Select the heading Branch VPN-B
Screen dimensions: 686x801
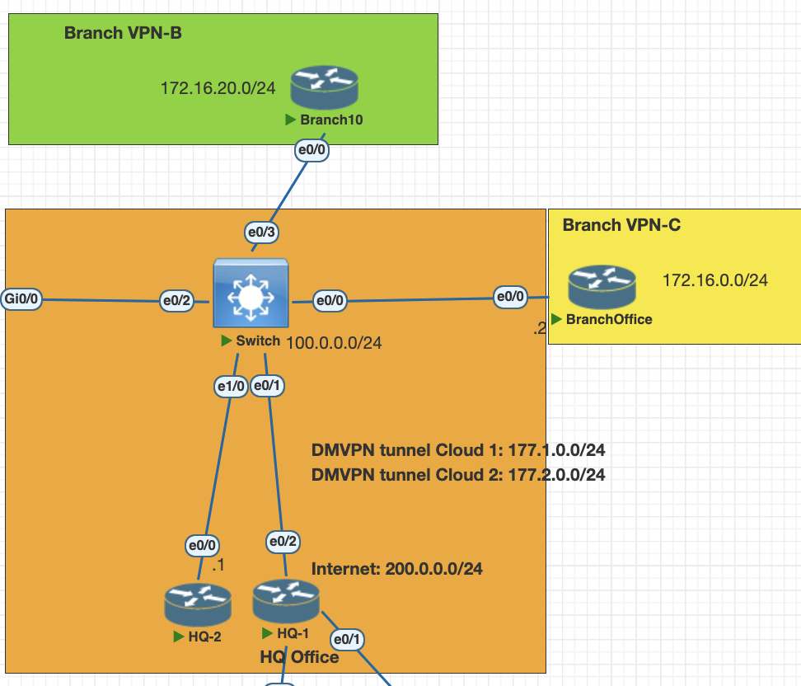coord(123,34)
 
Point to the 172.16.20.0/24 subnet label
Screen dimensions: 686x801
coord(218,87)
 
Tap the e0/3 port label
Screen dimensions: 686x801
coord(260,233)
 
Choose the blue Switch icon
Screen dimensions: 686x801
coord(251,294)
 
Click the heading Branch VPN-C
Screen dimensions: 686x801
coord(621,225)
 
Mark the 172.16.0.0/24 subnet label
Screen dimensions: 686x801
coord(715,280)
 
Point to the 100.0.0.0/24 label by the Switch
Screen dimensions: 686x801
coord(334,343)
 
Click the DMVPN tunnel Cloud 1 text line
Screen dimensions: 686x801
coord(458,450)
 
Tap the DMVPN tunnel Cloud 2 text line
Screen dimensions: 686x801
coord(458,475)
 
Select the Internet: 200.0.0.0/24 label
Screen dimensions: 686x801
coord(396,569)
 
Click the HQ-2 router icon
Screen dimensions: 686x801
coord(198,604)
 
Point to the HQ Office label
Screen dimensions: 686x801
coord(299,656)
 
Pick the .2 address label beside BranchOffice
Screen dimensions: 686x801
coord(540,328)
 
